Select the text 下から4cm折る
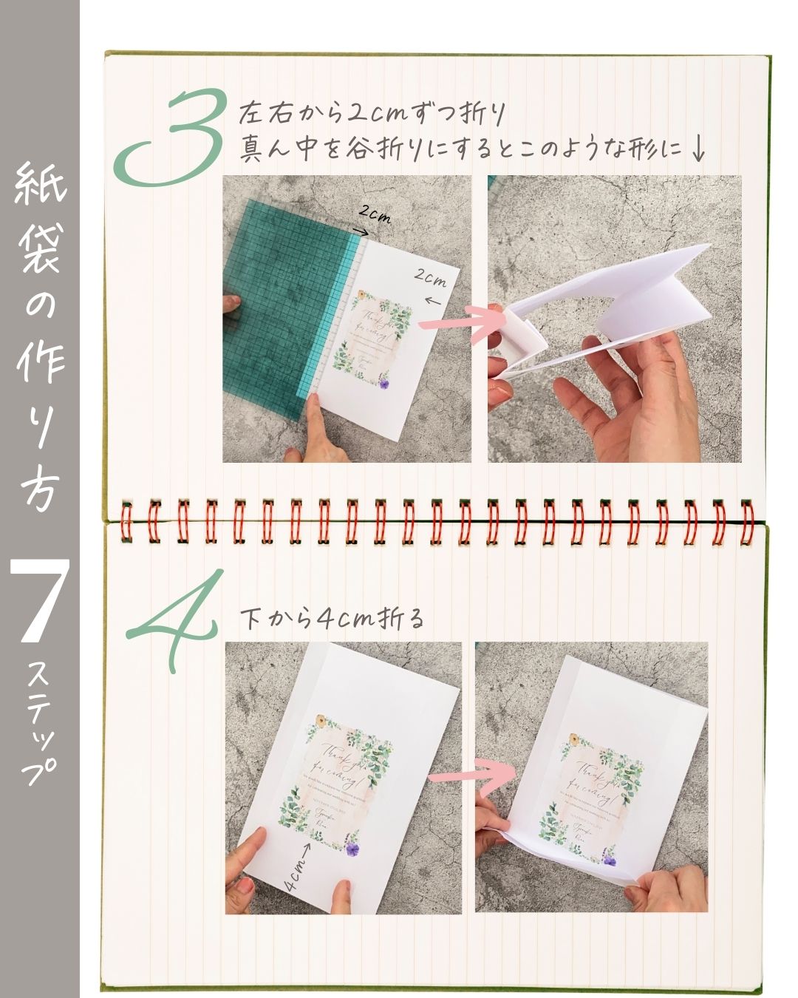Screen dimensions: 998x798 click(333, 619)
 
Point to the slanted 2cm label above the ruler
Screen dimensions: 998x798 click(375, 215)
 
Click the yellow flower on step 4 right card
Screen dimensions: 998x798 click(571, 739)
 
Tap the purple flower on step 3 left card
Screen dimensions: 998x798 click(384, 381)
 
